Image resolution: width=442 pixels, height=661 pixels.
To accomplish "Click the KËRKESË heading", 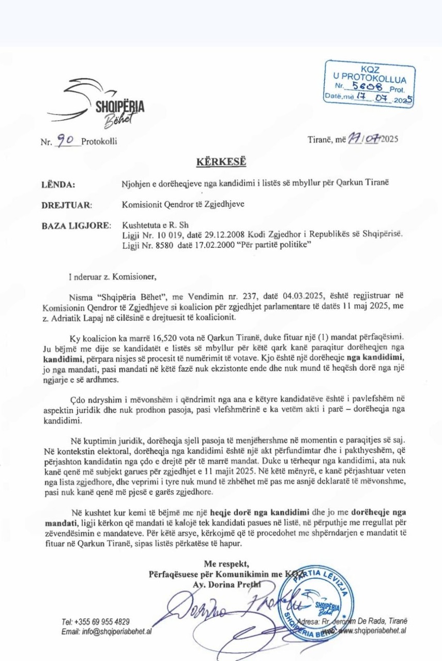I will (221, 162).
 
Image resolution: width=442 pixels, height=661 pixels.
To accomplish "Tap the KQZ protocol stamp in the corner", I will (370, 84).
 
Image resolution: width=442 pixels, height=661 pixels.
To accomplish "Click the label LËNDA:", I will (58, 184).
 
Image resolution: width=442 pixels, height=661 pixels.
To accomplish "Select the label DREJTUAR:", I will (66, 205).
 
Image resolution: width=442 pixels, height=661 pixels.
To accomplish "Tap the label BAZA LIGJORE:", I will (75, 226).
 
